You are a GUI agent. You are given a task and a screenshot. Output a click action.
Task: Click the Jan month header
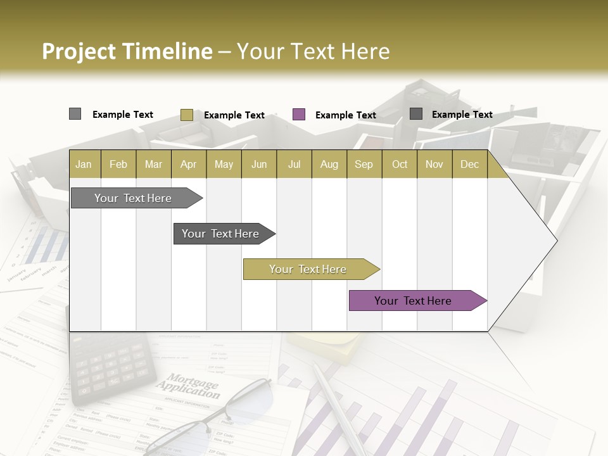84,164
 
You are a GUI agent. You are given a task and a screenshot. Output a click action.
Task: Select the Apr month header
188,164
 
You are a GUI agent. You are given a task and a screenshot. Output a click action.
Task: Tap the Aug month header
329,164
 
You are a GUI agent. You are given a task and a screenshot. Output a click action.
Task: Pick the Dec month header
469,164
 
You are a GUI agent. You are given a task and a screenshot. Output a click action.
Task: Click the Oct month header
399,164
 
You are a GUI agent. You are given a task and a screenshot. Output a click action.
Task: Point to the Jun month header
258,164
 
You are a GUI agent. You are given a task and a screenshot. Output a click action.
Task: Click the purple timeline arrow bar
415,301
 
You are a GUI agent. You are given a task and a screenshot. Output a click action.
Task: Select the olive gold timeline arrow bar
308,269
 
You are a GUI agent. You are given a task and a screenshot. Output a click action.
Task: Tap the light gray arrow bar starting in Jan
134,198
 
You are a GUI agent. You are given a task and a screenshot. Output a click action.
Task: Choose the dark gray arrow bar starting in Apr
221,234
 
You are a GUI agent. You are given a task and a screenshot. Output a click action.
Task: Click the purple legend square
299,115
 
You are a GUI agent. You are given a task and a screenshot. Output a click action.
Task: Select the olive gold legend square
187,115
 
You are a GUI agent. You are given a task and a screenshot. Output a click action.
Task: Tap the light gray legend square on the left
75,114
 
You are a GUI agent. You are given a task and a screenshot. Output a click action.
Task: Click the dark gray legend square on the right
416,114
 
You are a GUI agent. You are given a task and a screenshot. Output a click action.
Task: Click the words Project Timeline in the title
127,51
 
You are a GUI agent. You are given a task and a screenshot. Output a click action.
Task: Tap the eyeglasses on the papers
203,421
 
